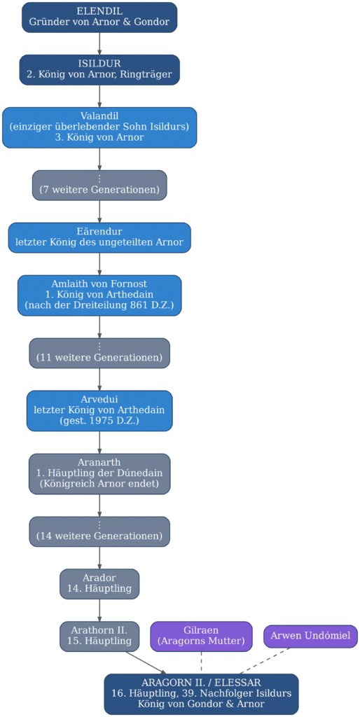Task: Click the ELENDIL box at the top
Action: pos(99,18)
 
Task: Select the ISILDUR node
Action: pos(99,70)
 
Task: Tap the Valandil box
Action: pos(99,127)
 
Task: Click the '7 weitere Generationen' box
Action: pos(99,185)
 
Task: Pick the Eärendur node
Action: pos(99,238)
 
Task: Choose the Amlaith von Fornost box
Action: pos(99,295)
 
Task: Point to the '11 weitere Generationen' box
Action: pos(99,353)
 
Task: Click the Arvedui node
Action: pos(99,410)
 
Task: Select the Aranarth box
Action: pos(99,474)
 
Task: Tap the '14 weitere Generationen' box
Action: pos(99,532)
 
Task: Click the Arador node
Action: pos(99,584)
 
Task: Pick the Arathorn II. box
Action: pos(99,636)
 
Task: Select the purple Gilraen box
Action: pos(202,636)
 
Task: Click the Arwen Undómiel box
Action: pos(310,636)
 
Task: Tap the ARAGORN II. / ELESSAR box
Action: pos(201,694)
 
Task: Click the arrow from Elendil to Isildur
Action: pos(99,44)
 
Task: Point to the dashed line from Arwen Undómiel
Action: pos(265,661)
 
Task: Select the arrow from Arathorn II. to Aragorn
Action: pos(146,662)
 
